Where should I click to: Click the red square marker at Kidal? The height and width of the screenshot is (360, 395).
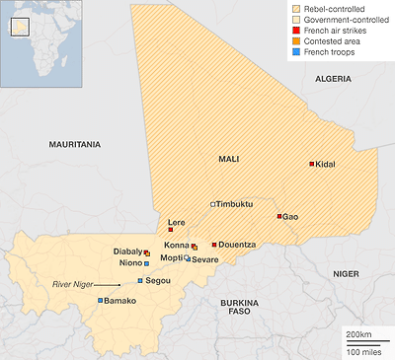312,164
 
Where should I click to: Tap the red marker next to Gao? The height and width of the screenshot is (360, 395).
279,216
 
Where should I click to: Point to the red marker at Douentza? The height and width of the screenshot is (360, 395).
213,244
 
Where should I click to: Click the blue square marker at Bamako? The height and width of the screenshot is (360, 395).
101,300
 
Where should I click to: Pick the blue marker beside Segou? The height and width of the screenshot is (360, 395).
140,280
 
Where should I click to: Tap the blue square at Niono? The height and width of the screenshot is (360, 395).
146,263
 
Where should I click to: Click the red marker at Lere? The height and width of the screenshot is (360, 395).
170,230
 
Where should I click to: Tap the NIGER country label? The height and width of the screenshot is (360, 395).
346,272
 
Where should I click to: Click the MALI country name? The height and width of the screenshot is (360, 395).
230,158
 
